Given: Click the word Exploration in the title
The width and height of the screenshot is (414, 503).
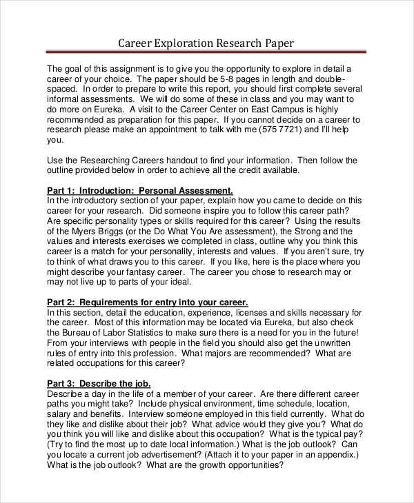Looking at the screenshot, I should pos(187,43).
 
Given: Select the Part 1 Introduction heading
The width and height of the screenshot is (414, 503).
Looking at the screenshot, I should pos(139,190).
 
